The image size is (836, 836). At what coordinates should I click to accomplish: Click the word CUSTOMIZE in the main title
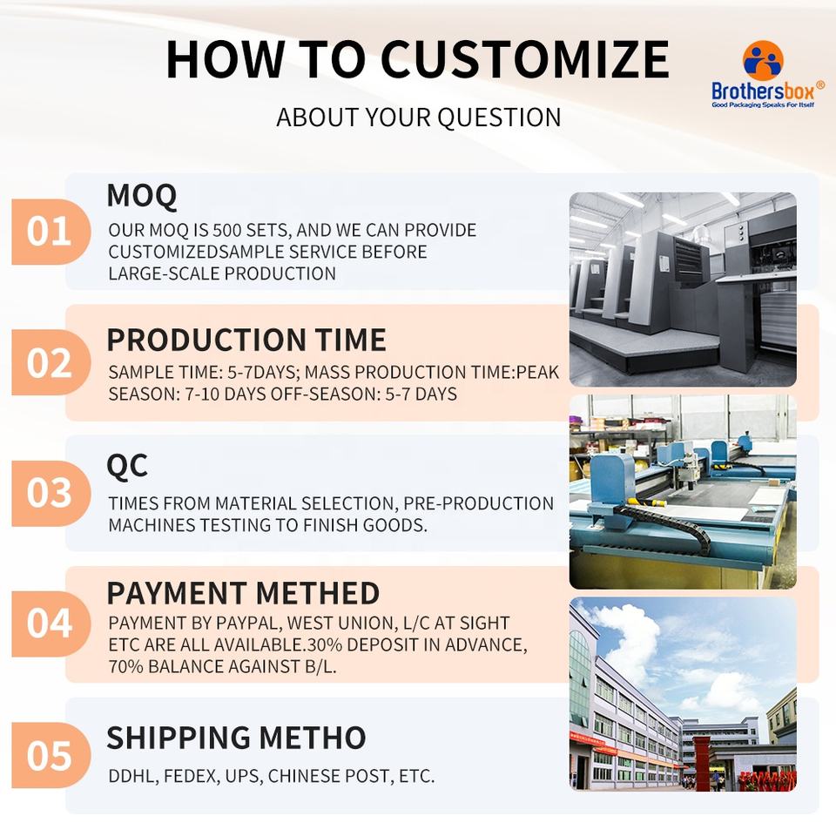524,59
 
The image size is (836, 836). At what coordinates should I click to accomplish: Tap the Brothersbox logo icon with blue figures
763,61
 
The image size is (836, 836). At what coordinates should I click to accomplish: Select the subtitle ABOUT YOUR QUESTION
419,118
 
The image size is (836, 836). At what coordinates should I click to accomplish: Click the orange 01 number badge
51,232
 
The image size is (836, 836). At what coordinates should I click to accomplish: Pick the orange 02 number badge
51,362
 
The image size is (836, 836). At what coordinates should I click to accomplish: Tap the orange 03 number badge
51,493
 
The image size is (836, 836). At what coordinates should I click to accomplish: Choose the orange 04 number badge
51,624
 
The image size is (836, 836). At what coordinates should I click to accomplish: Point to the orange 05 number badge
51,755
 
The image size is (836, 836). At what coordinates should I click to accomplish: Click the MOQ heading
142,196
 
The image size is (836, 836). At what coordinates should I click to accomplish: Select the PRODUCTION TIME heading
246,340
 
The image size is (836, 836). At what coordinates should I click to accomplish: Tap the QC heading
127,466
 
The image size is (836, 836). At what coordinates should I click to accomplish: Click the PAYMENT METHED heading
243,593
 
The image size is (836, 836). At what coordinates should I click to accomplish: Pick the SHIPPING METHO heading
236,738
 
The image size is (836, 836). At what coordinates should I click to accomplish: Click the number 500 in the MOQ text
226,230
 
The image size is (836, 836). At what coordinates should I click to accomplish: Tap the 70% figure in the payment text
125,666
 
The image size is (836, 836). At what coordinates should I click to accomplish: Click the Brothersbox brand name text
763,91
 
